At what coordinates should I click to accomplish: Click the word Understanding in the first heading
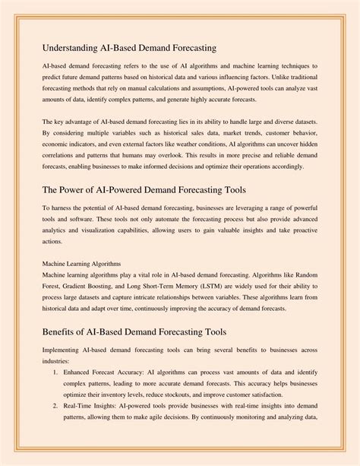[x=72, y=48]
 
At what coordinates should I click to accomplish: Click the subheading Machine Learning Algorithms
[x=82, y=263]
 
